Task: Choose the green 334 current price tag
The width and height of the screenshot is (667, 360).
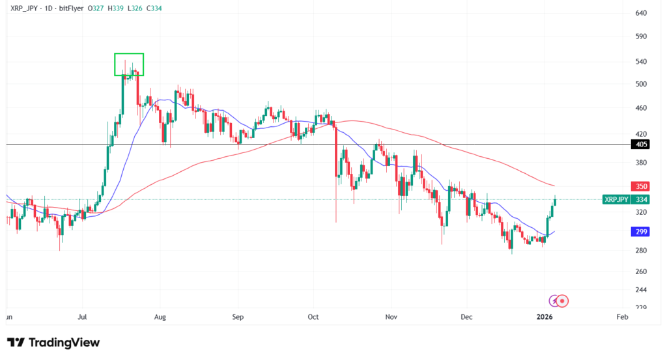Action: coord(641,200)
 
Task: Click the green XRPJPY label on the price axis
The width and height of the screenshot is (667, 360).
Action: coord(616,200)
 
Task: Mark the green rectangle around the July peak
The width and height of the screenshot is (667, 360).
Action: coord(129,64)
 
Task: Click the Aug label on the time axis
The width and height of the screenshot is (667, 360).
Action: coord(160,317)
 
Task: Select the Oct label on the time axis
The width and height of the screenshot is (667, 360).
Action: coord(313,317)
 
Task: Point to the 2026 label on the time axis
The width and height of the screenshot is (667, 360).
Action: coord(545,317)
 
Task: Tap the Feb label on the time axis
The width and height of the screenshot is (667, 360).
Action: coord(621,317)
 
